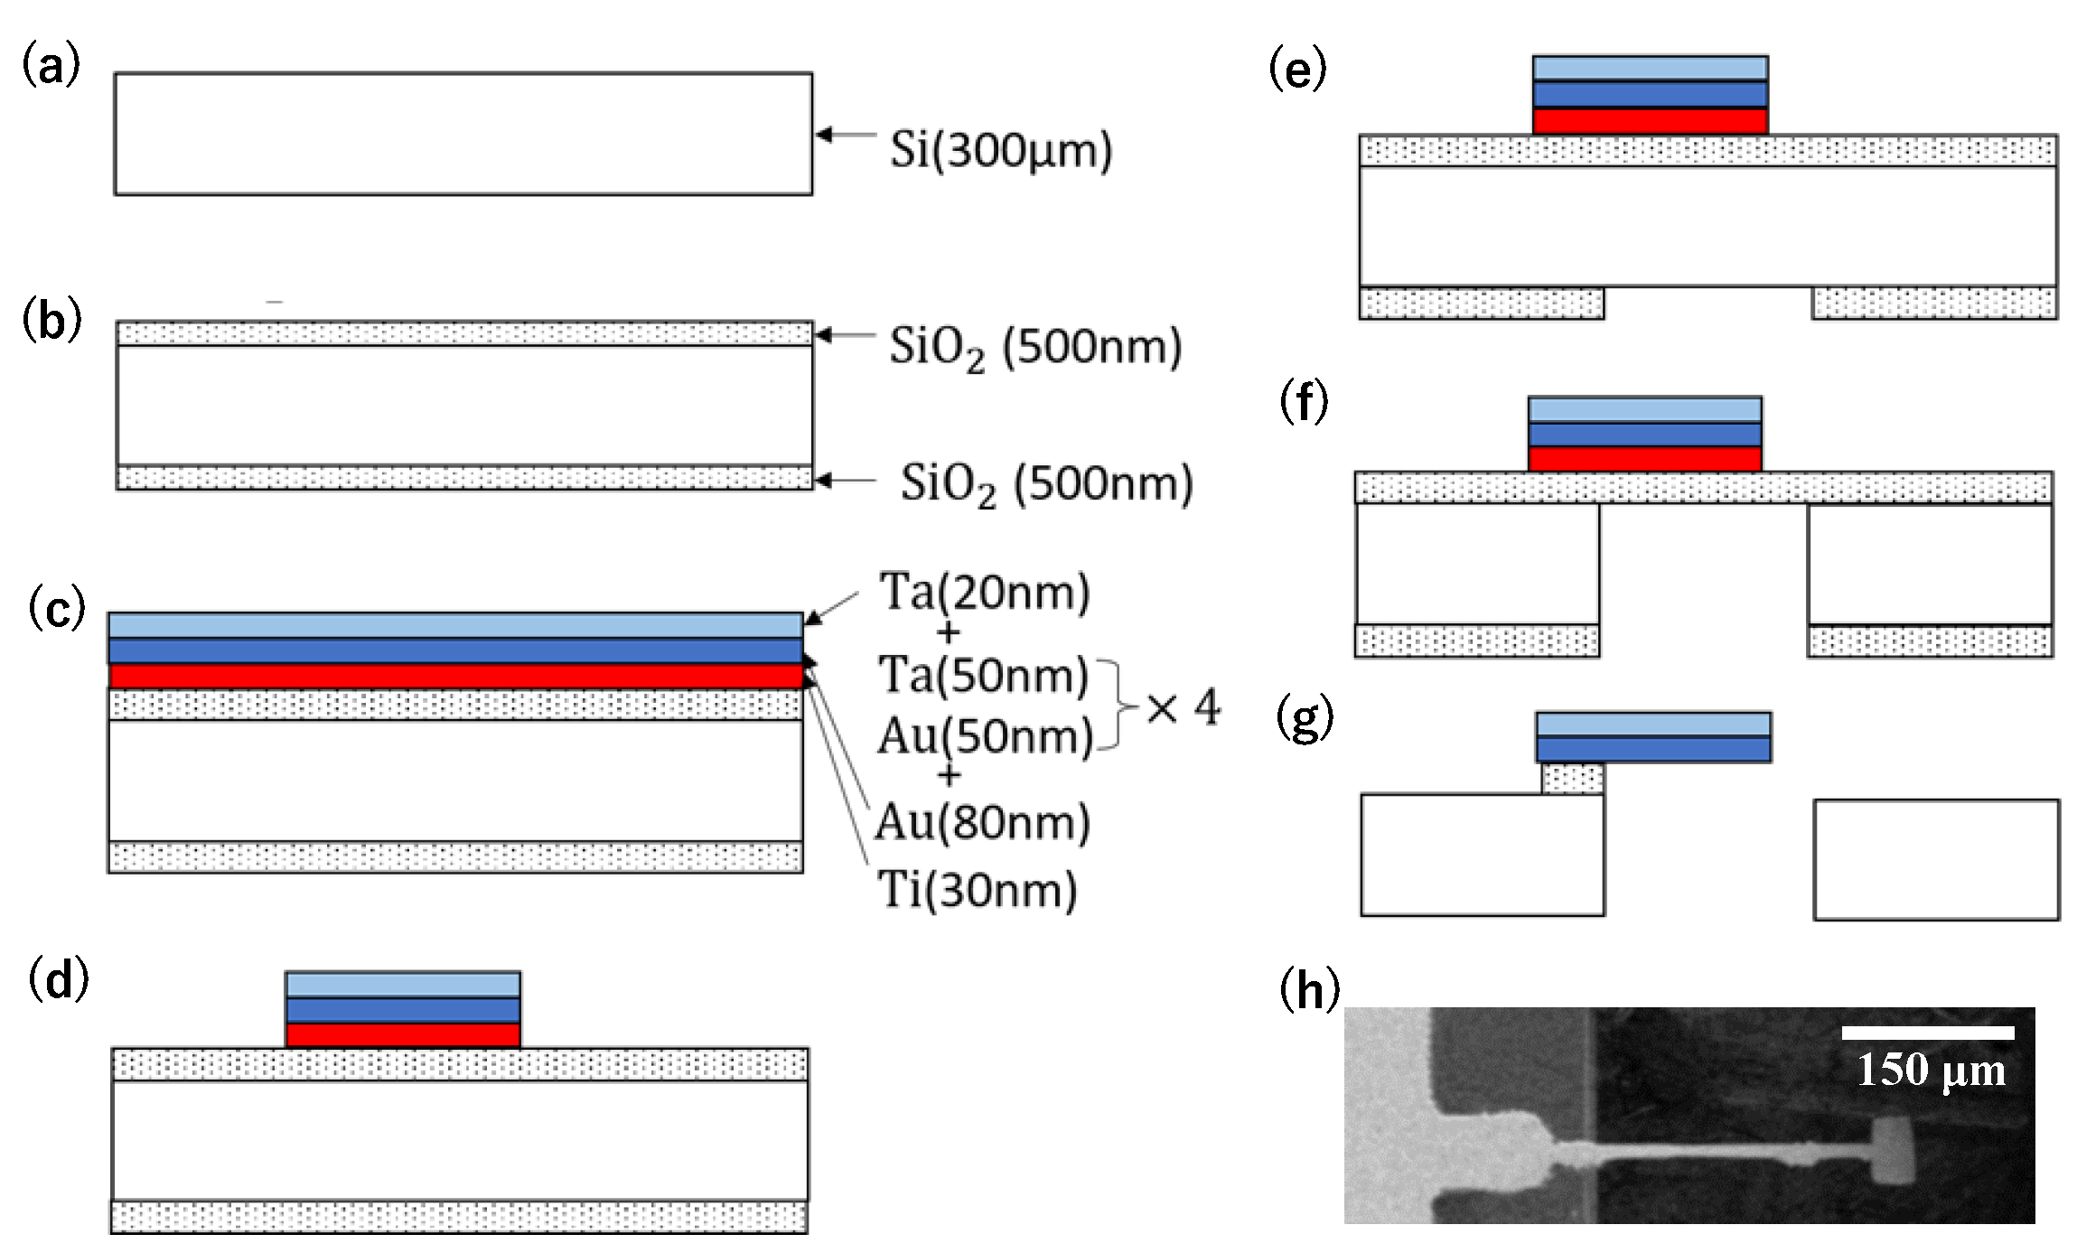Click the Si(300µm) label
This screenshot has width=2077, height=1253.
[1000, 151]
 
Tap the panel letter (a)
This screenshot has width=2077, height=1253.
[51, 68]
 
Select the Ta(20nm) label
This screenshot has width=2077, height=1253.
[985, 594]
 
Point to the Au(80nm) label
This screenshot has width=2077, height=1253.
[983, 822]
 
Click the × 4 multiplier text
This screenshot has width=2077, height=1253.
[1183, 707]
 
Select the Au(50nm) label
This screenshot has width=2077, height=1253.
[985, 737]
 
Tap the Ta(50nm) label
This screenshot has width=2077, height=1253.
[983, 676]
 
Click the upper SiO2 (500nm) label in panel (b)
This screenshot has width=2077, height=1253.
[1035, 347]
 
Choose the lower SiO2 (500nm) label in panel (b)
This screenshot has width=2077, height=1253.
[1046, 484]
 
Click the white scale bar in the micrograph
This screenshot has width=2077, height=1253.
[1928, 1033]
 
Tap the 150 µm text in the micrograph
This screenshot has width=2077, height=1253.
[1931, 1071]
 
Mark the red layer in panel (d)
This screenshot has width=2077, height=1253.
[403, 1035]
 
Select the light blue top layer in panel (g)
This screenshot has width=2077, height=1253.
[1653, 724]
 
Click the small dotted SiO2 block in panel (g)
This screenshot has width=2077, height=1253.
[1573, 778]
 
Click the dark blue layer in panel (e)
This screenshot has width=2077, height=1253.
[1650, 95]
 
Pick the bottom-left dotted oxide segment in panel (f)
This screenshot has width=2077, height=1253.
[1477, 641]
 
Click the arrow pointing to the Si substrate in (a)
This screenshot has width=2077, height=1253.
[845, 136]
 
